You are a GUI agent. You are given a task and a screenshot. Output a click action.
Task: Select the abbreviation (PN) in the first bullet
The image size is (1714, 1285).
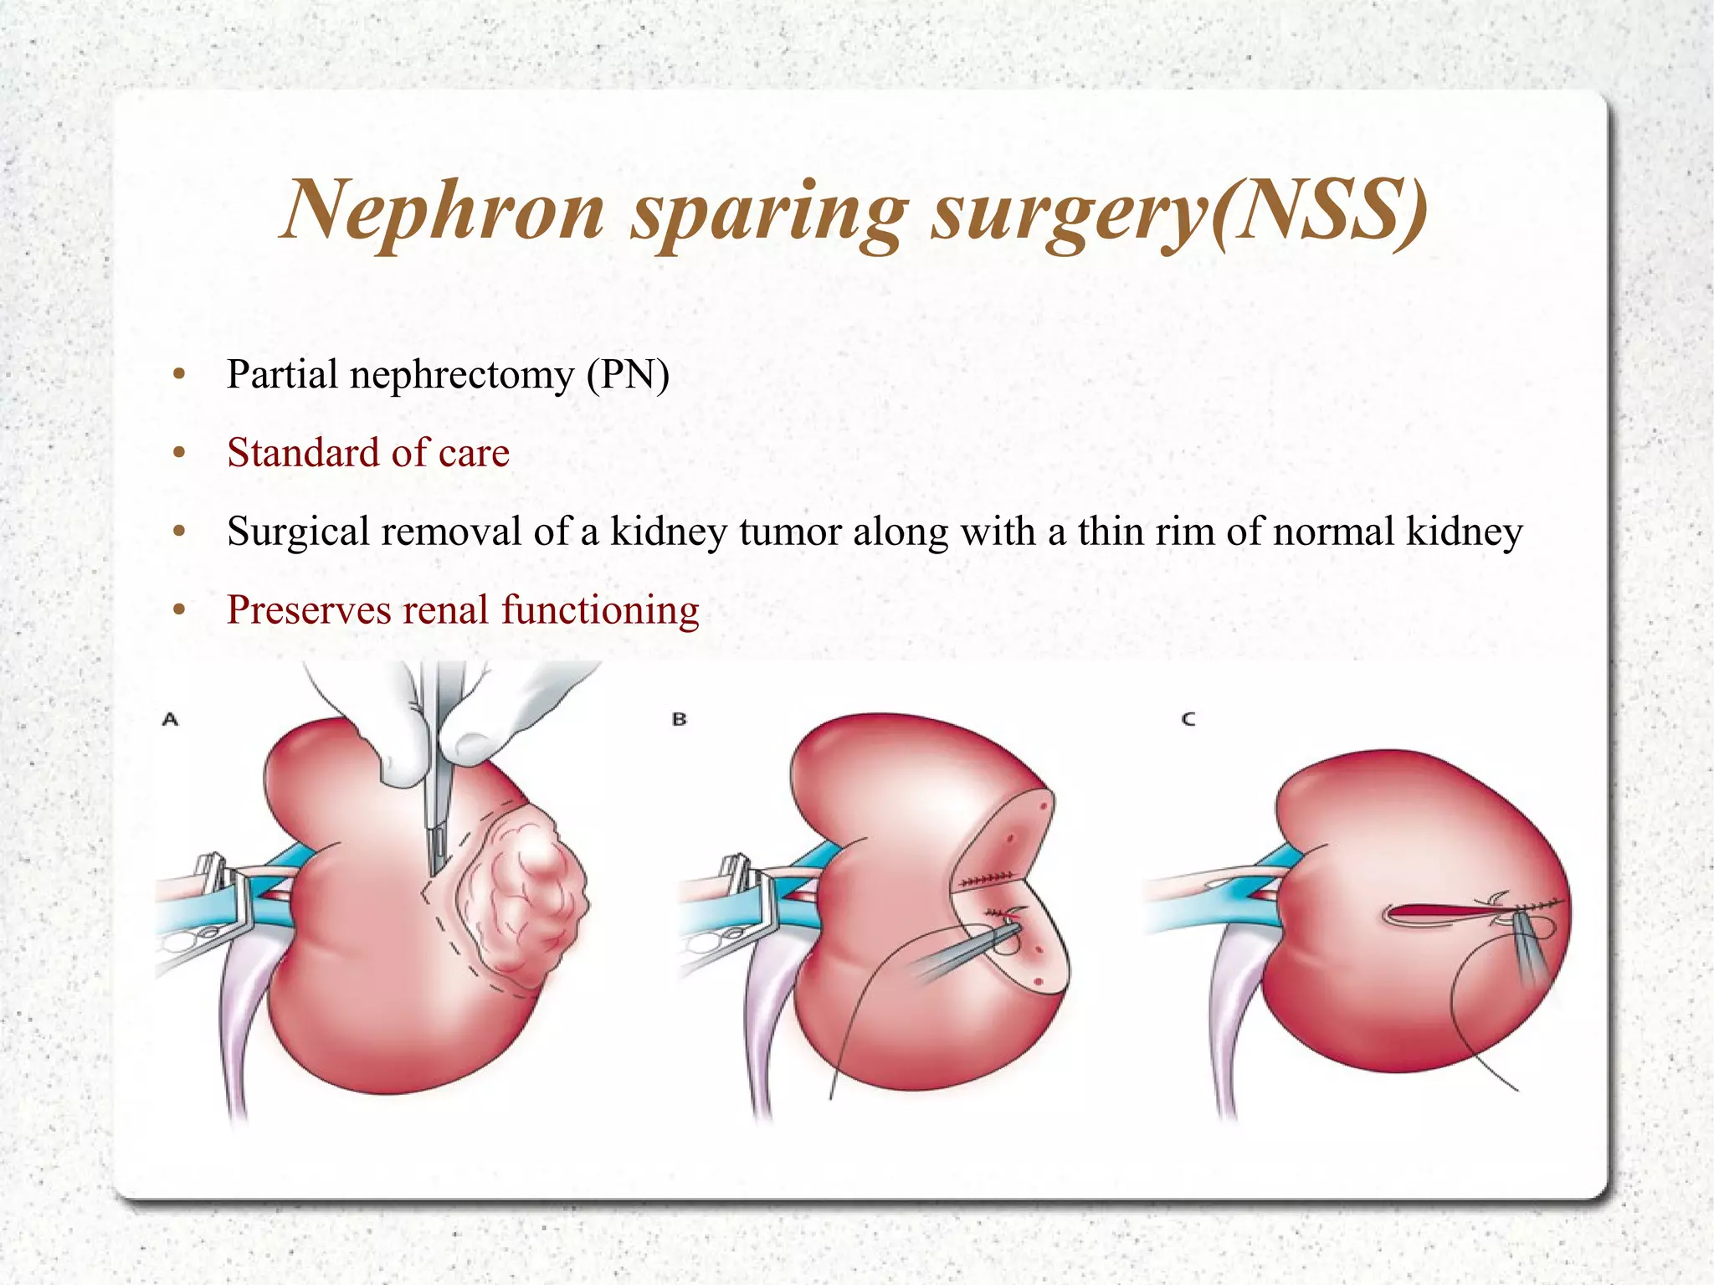tap(628, 374)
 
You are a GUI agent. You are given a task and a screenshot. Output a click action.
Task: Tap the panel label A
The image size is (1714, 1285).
tap(170, 718)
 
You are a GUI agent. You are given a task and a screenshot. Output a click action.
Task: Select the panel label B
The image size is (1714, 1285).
tap(679, 718)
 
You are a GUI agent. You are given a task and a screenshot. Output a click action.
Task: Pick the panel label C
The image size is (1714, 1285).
tap(1188, 718)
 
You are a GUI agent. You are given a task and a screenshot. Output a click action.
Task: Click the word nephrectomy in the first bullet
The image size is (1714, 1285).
tap(460, 374)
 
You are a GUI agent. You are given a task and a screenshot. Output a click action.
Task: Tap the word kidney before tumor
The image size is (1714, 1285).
tap(668, 532)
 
